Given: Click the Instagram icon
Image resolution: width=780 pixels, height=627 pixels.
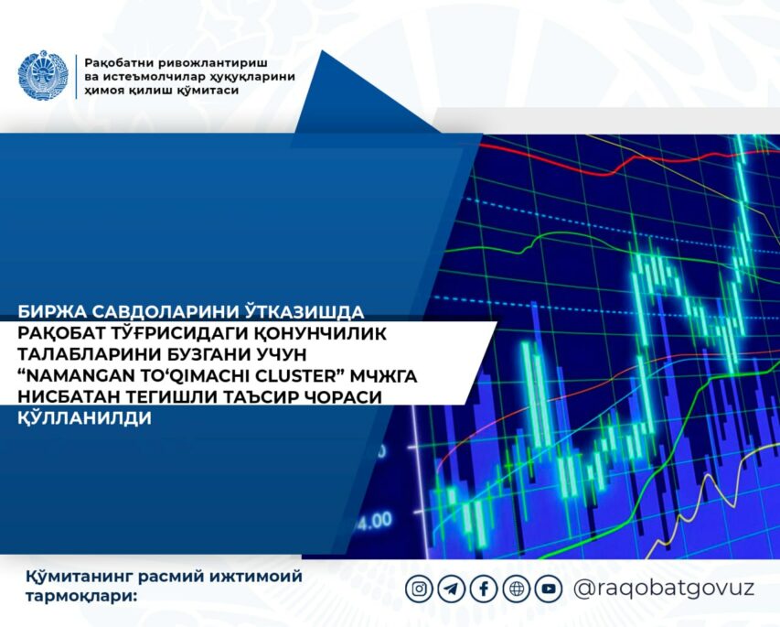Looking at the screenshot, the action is tap(419, 589).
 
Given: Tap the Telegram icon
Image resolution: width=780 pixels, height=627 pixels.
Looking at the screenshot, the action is tap(451, 589).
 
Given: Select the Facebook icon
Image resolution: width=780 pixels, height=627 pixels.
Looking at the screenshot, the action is tap(484, 589).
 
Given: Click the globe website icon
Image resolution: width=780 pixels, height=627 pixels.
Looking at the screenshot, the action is tap(517, 589).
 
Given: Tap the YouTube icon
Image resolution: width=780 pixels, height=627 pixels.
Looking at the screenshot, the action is tap(549, 589).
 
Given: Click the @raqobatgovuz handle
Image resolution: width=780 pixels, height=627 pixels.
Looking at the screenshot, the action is tap(664, 589).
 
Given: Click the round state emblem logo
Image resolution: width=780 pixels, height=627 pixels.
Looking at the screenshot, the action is tap(42, 75).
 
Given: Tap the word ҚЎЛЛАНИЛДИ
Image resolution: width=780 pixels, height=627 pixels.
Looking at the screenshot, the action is tap(84, 417).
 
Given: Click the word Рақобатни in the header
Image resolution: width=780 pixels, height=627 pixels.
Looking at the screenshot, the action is tap(121, 63).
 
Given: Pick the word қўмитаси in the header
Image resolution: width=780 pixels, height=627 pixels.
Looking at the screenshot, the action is tap(208, 90).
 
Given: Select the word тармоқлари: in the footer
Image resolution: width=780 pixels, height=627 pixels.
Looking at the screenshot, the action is tap(81, 597).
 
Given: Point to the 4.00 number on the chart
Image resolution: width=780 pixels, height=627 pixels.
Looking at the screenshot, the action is tap(374, 521).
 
